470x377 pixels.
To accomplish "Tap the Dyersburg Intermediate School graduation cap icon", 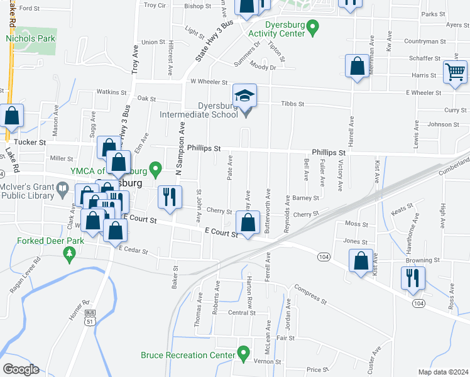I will click(245, 96).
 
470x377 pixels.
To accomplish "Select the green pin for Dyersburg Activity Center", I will click(315, 26).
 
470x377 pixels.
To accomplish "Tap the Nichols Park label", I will click(31, 38).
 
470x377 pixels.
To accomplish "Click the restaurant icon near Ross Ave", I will click(413, 277).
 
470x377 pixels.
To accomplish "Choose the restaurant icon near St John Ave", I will click(168, 197).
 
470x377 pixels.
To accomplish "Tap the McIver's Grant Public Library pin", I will click(62, 188).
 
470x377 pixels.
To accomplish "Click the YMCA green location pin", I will click(158, 169).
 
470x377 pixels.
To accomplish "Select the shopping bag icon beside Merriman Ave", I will click(357, 67).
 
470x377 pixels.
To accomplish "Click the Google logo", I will click(21, 369).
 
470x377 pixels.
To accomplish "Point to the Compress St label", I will click(311, 295).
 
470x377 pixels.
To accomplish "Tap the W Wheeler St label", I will click(209, 81).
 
